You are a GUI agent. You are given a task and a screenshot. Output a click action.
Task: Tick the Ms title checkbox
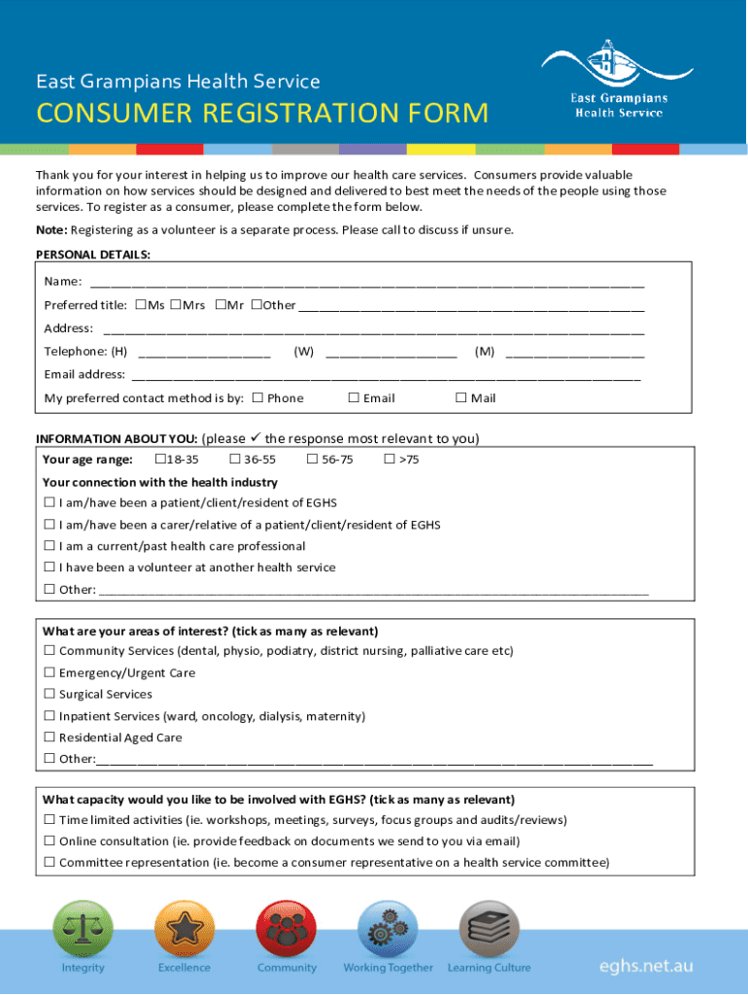point(141,305)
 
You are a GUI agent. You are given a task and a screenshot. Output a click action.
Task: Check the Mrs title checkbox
point(175,305)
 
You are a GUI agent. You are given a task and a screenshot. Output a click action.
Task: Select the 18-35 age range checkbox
point(160,460)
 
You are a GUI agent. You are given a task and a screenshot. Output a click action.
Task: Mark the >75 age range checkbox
point(390,460)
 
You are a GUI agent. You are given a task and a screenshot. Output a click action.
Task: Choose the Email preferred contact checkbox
point(354,397)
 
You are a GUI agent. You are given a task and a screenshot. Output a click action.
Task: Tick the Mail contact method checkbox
point(461,397)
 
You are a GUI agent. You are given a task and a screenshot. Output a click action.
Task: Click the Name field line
point(367,284)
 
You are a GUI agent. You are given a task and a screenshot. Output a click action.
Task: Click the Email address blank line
point(386,376)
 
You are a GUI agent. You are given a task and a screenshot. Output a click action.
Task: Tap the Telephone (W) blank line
point(391,354)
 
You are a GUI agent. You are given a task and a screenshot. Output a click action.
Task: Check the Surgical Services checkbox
point(50,695)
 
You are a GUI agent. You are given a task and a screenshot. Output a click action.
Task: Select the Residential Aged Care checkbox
point(50,738)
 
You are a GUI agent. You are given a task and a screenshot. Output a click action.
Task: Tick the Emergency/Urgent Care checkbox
point(50,673)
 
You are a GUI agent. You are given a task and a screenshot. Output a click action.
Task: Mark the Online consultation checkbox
point(50,841)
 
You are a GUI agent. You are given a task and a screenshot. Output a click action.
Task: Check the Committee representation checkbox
point(50,863)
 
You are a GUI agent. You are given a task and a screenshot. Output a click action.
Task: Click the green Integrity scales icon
point(83,930)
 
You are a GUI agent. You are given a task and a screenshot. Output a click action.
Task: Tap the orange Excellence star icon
point(185,930)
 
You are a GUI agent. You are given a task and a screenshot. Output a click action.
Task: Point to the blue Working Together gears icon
point(388,930)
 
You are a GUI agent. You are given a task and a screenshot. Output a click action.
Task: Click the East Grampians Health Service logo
point(618,80)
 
